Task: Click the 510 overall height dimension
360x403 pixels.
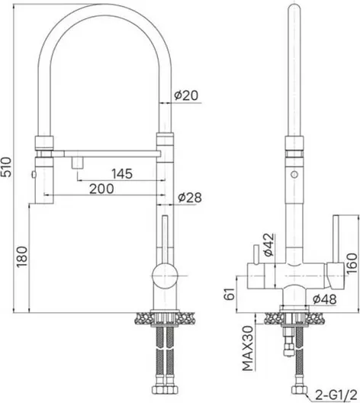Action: tap(5, 166)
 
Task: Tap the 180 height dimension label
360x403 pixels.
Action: tap(21, 256)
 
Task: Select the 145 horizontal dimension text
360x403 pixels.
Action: tap(122, 174)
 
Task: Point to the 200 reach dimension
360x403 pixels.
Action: tap(101, 189)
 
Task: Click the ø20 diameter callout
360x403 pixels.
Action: tap(186, 95)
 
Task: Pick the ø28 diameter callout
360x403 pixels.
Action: tap(190, 198)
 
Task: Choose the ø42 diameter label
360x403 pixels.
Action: tap(268, 245)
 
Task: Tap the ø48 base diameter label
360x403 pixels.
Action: tap(325, 299)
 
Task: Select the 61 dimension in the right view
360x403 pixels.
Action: tap(230, 294)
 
